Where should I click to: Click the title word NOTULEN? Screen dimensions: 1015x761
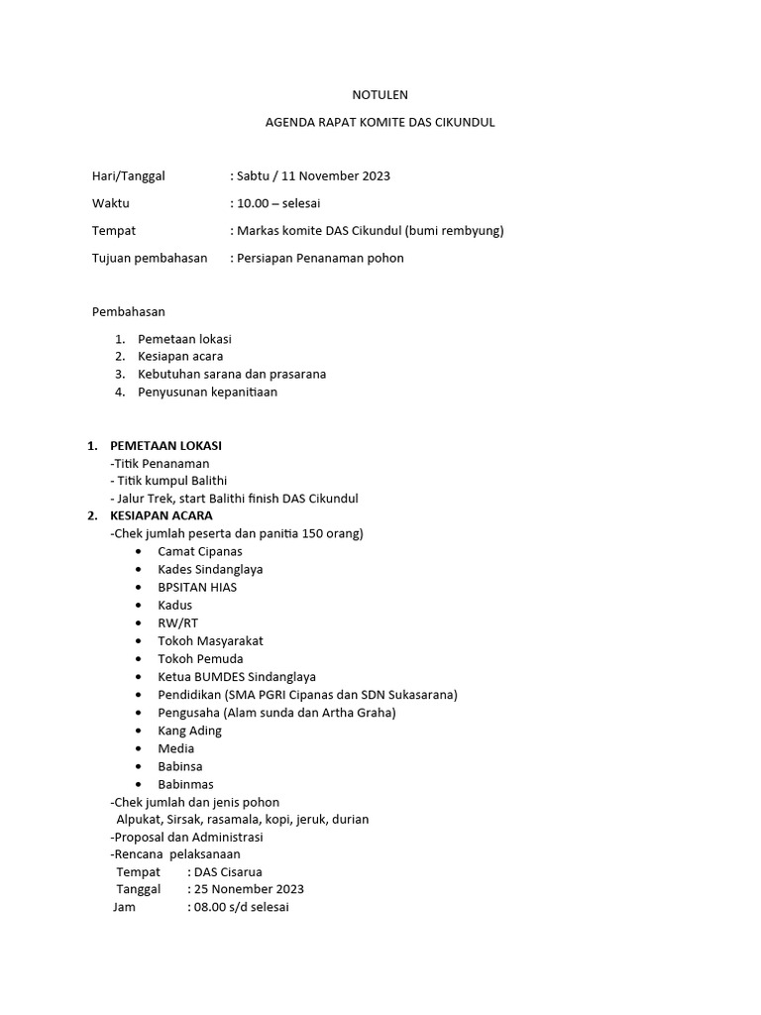point(380,95)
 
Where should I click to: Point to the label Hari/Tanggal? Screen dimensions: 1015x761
point(128,176)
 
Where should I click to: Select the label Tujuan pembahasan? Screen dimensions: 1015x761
point(150,258)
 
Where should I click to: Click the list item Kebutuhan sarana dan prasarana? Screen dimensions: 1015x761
point(232,374)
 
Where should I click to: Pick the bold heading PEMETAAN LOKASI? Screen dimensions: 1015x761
point(165,445)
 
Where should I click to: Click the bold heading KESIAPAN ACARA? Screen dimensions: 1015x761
point(161,515)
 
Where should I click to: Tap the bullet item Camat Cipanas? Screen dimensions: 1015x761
point(200,551)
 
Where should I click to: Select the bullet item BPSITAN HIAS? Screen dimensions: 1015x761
point(197,587)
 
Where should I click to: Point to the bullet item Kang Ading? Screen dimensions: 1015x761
point(189,731)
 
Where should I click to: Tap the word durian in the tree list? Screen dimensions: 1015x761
point(350,819)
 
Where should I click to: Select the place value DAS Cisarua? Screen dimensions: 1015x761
point(228,872)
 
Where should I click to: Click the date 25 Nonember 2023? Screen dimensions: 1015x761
point(249,889)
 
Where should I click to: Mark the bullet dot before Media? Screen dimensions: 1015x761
point(137,748)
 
